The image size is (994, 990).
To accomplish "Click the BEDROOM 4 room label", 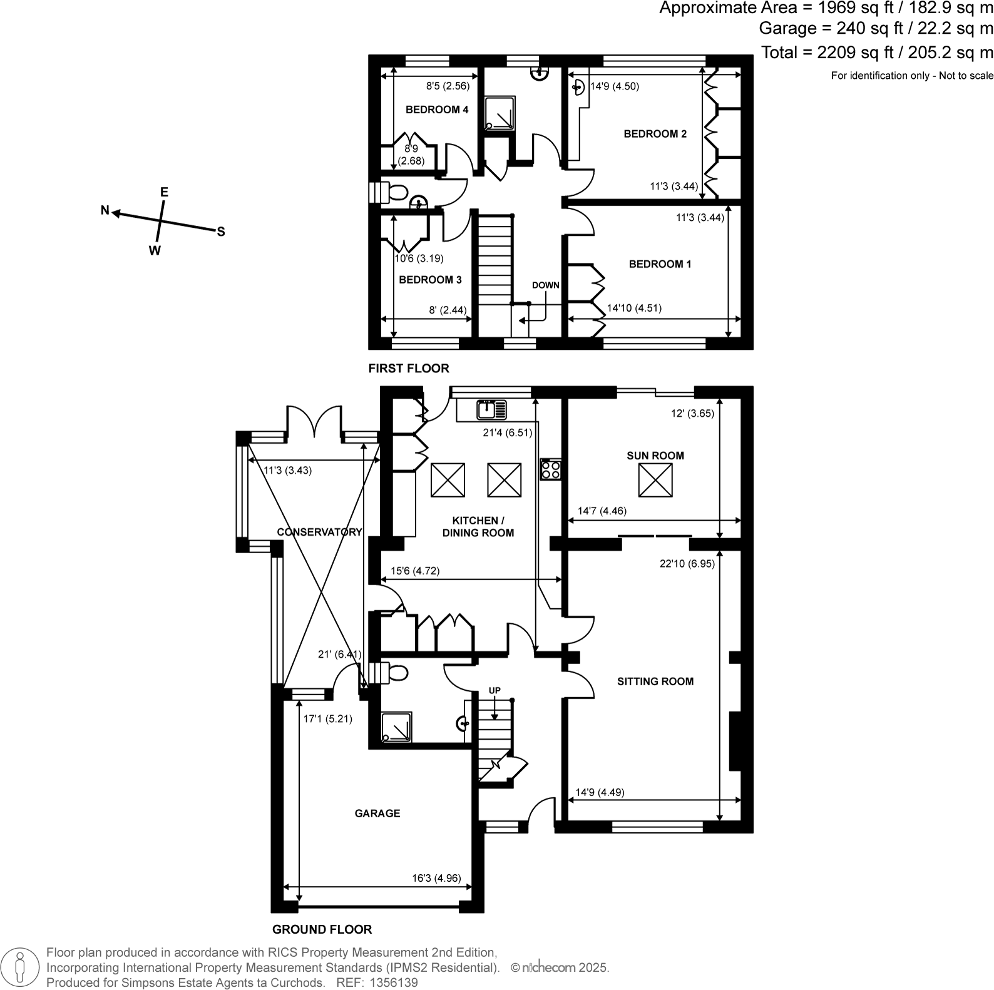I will [437, 110].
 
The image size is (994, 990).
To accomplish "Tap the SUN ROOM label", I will [655, 456].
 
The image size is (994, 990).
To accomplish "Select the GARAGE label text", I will [377, 814].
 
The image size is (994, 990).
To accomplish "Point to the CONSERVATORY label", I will [319, 532].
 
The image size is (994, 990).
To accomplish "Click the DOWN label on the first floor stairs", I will [545, 285].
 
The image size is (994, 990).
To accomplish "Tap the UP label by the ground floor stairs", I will [494, 690].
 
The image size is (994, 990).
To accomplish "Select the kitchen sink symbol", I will [491, 410].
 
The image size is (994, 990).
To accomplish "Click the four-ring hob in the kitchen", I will [551, 469].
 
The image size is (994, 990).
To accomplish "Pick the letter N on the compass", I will [105, 210].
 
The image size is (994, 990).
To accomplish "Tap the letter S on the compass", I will [221, 232].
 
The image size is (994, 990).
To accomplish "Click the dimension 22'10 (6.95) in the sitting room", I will [687, 564].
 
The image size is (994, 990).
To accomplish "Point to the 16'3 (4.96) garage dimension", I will [436, 878].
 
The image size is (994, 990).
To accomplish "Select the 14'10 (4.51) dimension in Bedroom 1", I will [633, 308].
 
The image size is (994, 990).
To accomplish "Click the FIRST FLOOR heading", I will [409, 369].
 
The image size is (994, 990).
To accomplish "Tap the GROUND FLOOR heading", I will [322, 930].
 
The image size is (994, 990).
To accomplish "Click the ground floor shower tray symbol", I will [396, 727].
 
